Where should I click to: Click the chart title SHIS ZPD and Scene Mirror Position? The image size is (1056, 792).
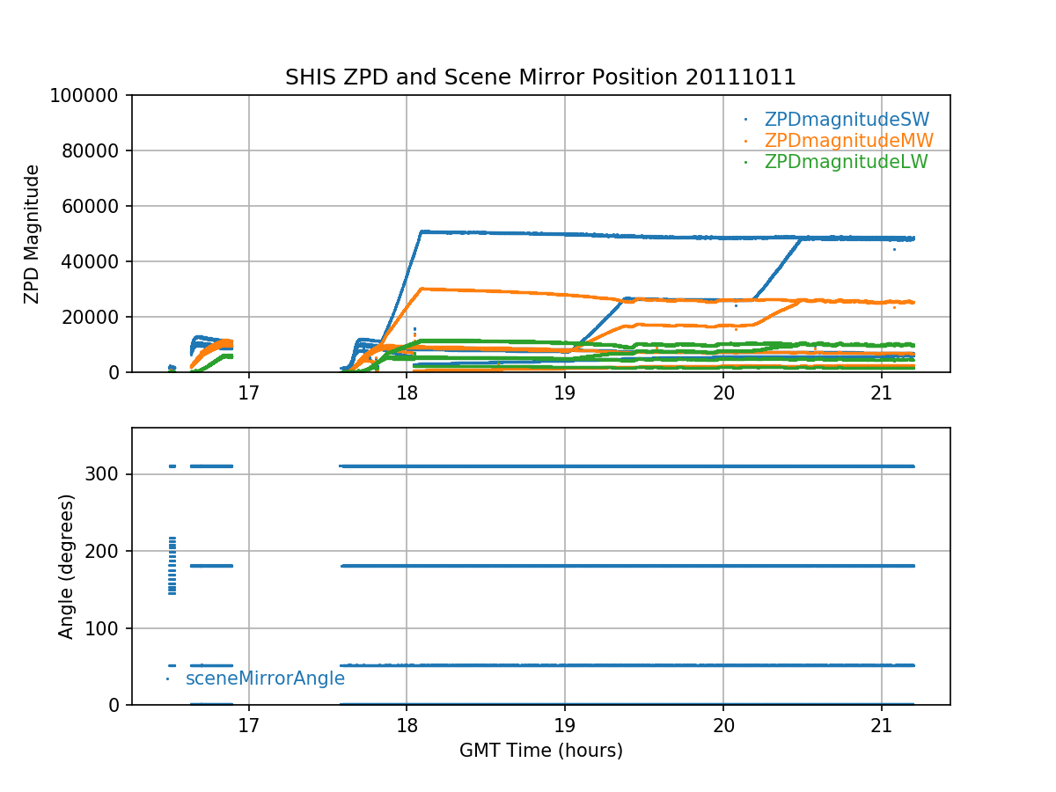pos(540,77)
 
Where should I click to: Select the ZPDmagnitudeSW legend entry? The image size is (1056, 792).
pos(847,120)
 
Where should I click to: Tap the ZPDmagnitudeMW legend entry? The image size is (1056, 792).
pos(848,141)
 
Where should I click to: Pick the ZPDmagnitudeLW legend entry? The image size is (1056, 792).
pos(846,162)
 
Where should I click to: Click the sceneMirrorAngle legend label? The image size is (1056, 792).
pos(265,678)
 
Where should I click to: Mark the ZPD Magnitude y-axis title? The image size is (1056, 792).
pos(33,234)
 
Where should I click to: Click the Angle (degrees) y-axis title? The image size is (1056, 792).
pos(67,566)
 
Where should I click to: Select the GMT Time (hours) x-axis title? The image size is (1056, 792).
pos(540,751)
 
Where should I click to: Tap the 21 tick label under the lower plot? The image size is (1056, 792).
pos(881,723)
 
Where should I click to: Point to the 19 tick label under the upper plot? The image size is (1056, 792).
pos(564,391)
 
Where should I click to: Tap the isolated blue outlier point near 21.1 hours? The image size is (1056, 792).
pos(894,250)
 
